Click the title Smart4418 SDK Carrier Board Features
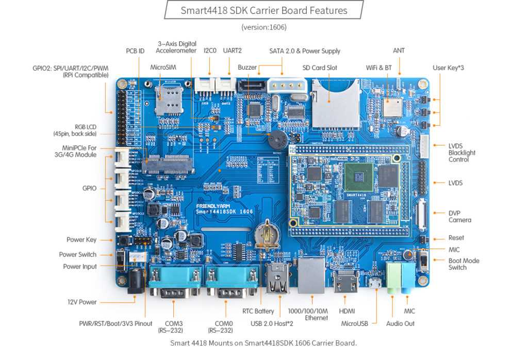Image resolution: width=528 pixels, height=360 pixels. tap(263, 10)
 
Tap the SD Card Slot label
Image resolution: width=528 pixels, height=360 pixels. tap(320, 68)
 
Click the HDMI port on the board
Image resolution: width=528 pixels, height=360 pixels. tap(344, 282)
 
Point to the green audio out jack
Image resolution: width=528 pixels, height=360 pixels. tap(394, 277)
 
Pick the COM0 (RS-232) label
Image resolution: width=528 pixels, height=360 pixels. tap(221, 327)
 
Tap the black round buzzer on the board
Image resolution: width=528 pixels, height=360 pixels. tap(276, 139)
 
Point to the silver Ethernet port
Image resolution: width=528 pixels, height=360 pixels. tap(312, 276)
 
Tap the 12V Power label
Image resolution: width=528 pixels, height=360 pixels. tap(82, 302)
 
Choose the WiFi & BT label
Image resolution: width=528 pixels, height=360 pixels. tap(379, 68)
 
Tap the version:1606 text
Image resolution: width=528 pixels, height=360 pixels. tap(263, 27)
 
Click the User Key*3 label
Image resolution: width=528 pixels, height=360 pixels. tap(448, 68)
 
